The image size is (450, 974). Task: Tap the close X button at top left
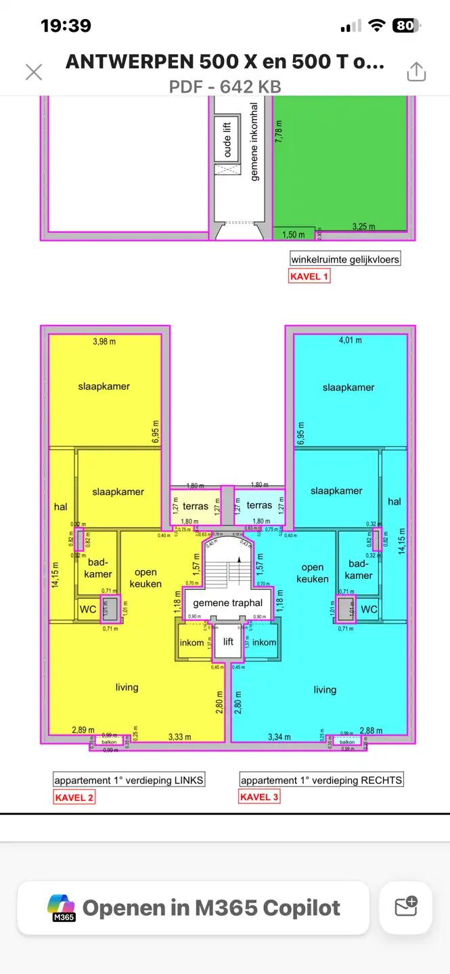[x=34, y=72]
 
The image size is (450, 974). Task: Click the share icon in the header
[x=416, y=72]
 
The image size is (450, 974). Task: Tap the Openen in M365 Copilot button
[x=194, y=908]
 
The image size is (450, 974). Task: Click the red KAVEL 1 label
[x=309, y=276]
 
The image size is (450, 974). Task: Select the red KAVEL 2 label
[x=74, y=797]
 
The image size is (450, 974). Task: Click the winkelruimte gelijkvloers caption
[x=345, y=259]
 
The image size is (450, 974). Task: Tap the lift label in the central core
[x=229, y=641]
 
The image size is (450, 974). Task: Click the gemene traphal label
[x=228, y=603]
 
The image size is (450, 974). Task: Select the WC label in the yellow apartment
[x=88, y=609]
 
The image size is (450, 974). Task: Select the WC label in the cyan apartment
[x=369, y=609]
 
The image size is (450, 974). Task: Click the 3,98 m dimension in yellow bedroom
[x=104, y=342]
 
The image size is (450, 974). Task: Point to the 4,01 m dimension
[x=350, y=340]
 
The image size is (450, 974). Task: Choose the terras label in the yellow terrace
[x=196, y=506]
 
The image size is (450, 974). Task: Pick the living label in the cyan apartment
[x=325, y=690]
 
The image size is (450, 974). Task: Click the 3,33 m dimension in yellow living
[x=179, y=737]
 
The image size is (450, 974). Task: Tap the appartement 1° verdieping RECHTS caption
[x=321, y=780]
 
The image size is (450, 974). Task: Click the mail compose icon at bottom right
[x=406, y=907]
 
